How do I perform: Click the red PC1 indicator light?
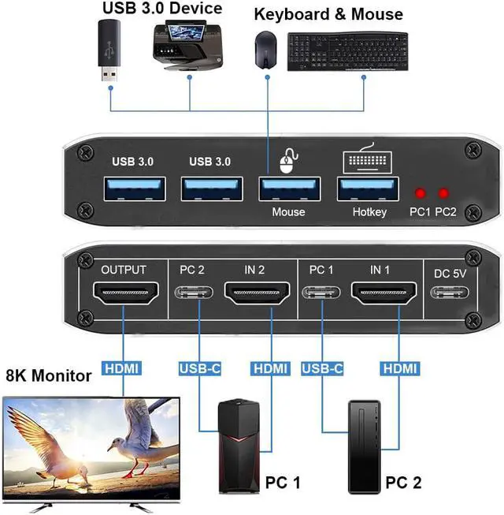point(421,193)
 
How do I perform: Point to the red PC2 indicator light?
point(444,193)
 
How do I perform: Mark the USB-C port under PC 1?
point(323,296)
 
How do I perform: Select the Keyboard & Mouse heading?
point(328,14)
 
